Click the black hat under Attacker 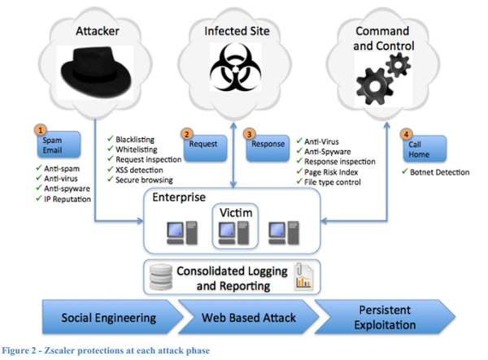tap(96, 72)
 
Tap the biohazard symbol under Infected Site tap(236, 67)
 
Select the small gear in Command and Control tap(398, 65)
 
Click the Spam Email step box tap(58, 145)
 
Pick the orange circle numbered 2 tap(187, 134)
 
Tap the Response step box tap(268, 148)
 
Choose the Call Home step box tap(425, 149)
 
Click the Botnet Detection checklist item tap(436, 172)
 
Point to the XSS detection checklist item tap(135, 170)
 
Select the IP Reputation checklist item tap(63, 198)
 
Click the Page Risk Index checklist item tap(327, 172)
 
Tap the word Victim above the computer tap(236, 213)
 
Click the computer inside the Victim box tap(233, 233)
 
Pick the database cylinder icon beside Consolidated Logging tap(160, 277)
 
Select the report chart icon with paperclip tap(303, 276)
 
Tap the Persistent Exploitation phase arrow tap(386, 317)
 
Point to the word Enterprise tap(179, 197)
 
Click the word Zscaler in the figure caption tap(59, 351)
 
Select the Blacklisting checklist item tap(131, 139)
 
